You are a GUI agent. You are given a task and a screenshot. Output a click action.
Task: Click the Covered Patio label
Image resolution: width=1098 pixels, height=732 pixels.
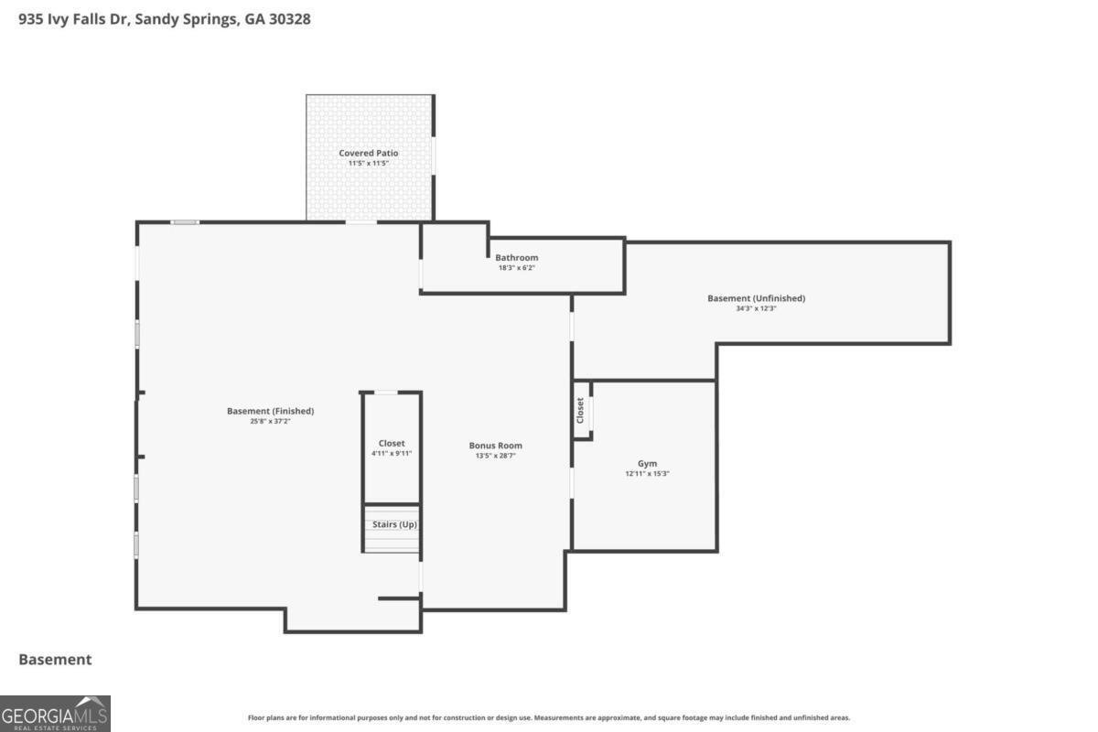[x=368, y=153]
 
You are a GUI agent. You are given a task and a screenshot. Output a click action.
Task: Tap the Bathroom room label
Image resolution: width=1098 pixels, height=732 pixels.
[x=517, y=257]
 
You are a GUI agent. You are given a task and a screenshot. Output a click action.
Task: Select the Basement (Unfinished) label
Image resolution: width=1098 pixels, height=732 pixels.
[x=756, y=298]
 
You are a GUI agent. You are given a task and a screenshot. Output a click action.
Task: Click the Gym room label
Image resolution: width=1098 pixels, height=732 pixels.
[x=647, y=463]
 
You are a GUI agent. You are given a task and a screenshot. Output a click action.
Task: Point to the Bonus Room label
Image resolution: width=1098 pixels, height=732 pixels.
[x=496, y=446]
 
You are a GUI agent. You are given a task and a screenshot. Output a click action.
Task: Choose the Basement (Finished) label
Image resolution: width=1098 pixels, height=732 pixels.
[x=270, y=411]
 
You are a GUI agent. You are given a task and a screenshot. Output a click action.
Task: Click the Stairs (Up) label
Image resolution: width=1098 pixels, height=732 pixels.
[x=394, y=524]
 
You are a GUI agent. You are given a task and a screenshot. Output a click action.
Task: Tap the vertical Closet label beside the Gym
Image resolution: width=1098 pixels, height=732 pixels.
[x=580, y=410]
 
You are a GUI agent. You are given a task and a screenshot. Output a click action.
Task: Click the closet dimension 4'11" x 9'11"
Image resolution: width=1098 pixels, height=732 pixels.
[x=392, y=454]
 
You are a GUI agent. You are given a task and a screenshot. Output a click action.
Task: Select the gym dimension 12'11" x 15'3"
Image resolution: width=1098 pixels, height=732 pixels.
[x=647, y=474]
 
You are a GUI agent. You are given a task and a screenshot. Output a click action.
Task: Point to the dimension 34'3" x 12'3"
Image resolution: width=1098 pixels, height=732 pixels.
[x=756, y=308]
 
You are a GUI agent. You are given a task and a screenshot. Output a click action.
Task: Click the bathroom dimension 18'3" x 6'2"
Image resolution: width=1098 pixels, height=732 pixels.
[x=517, y=268]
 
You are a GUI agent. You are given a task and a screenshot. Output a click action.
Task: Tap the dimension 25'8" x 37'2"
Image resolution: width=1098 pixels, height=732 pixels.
[x=270, y=421]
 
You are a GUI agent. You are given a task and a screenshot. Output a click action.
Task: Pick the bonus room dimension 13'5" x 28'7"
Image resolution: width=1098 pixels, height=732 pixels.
[x=496, y=456]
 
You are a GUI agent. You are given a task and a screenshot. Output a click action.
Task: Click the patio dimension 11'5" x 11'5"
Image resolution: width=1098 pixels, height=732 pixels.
[x=368, y=163]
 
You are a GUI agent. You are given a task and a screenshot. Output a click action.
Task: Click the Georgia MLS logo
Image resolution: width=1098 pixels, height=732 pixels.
[x=55, y=714]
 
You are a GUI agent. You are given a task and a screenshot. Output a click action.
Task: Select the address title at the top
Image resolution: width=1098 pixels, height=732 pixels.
[x=164, y=19]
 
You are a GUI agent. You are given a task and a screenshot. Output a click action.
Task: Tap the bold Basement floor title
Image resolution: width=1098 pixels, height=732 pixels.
[x=55, y=660]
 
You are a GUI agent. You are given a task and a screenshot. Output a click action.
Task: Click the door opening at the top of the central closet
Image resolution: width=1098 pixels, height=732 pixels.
[x=386, y=393]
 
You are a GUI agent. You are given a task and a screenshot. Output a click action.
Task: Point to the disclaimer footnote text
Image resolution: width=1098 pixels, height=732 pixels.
[x=549, y=717]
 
